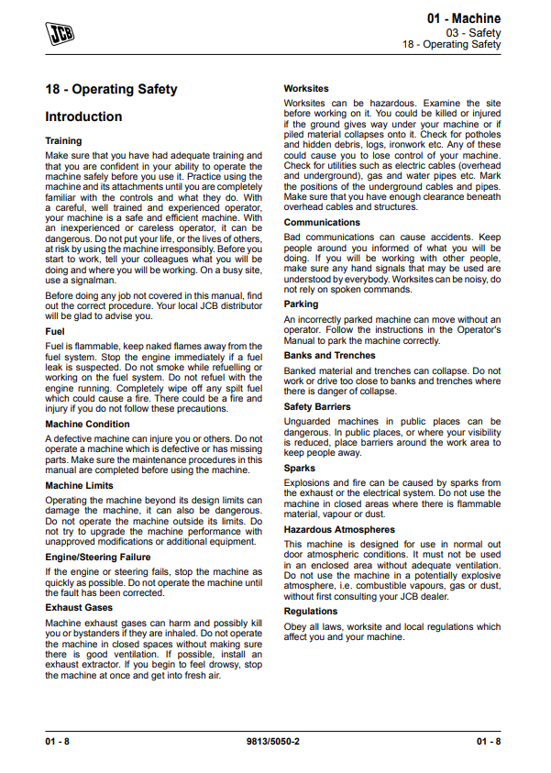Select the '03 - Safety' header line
(x=475, y=32)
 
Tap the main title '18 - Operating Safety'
(x=111, y=90)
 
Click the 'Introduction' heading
(x=83, y=117)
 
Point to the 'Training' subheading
(x=63, y=141)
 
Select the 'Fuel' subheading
(x=55, y=331)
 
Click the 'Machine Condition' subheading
(x=87, y=425)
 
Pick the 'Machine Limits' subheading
(x=79, y=485)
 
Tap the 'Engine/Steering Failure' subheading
(x=99, y=557)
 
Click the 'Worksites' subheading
(x=307, y=89)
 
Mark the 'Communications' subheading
(x=322, y=222)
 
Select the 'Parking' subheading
(x=301, y=304)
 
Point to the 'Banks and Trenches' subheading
(x=329, y=355)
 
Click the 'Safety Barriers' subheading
(x=317, y=406)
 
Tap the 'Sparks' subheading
(x=299, y=468)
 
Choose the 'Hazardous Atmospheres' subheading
(x=339, y=529)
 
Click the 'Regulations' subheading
(x=311, y=611)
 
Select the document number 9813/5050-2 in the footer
(x=274, y=740)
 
